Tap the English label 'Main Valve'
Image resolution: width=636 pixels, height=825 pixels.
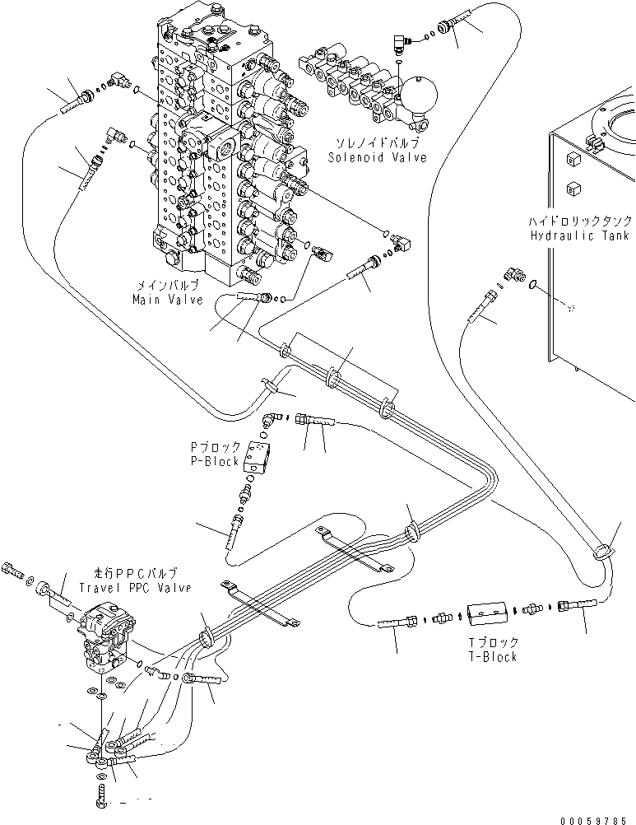point(168,300)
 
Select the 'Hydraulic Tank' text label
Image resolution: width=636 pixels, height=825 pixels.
point(569,235)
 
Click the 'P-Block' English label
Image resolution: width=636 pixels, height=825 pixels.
point(216,461)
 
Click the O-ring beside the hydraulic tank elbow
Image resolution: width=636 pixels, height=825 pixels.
point(535,285)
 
